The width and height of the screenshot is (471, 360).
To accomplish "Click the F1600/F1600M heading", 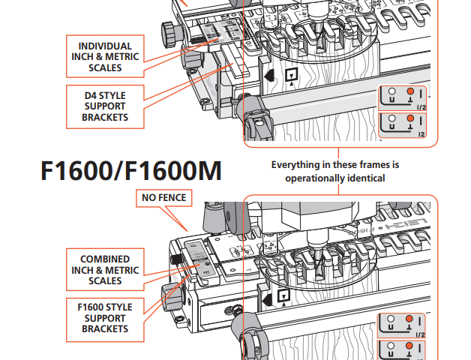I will pyautogui.click(x=130, y=171).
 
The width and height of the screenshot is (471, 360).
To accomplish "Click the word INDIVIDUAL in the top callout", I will pyautogui.click(x=105, y=46).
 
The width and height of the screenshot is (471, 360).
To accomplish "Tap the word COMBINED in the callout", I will pyautogui.click(x=105, y=259).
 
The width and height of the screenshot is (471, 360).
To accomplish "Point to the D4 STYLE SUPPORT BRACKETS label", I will pyautogui.click(x=105, y=106).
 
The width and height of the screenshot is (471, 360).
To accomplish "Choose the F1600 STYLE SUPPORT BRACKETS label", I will pyautogui.click(x=105, y=318).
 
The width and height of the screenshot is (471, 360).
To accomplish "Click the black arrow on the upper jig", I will pyautogui.click(x=268, y=76).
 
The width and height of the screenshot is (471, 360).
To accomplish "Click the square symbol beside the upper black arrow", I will pyautogui.click(x=292, y=76).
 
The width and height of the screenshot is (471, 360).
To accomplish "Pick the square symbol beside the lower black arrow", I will pyautogui.click(x=283, y=295).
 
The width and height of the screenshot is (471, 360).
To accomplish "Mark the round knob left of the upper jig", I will pyautogui.click(x=168, y=34).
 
